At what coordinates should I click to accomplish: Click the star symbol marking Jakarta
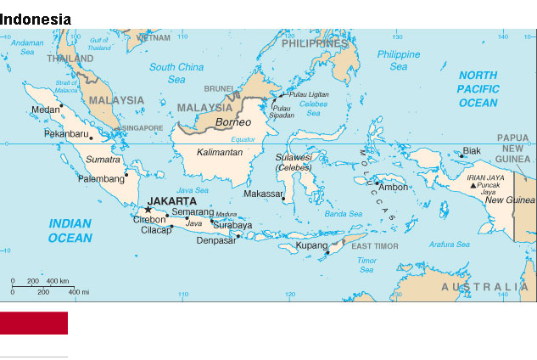[x=148, y=209]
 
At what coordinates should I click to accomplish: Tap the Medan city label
[x=44, y=110]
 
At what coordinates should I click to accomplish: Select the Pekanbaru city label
[x=66, y=134]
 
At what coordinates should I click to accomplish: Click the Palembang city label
[x=101, y=179]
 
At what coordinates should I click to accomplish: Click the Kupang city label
[x=310, y=246]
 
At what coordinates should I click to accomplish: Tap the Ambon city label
[x=394, y=187]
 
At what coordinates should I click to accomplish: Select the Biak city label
[x=472, y=151]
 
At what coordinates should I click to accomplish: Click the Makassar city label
[x=262, y=194]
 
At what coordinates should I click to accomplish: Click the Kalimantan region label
[x=220, y=153]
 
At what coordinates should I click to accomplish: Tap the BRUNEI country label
[x=219, y=88]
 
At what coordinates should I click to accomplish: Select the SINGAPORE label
[x=142, y=128]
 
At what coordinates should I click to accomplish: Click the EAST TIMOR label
[x=374, y=245]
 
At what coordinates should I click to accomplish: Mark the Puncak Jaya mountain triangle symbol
[x=473, y=185]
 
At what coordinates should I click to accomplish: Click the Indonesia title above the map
[x=36, y=19]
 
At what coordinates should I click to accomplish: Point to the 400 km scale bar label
[x=58, y=281]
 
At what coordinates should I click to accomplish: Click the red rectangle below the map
[x=34, y=323]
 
